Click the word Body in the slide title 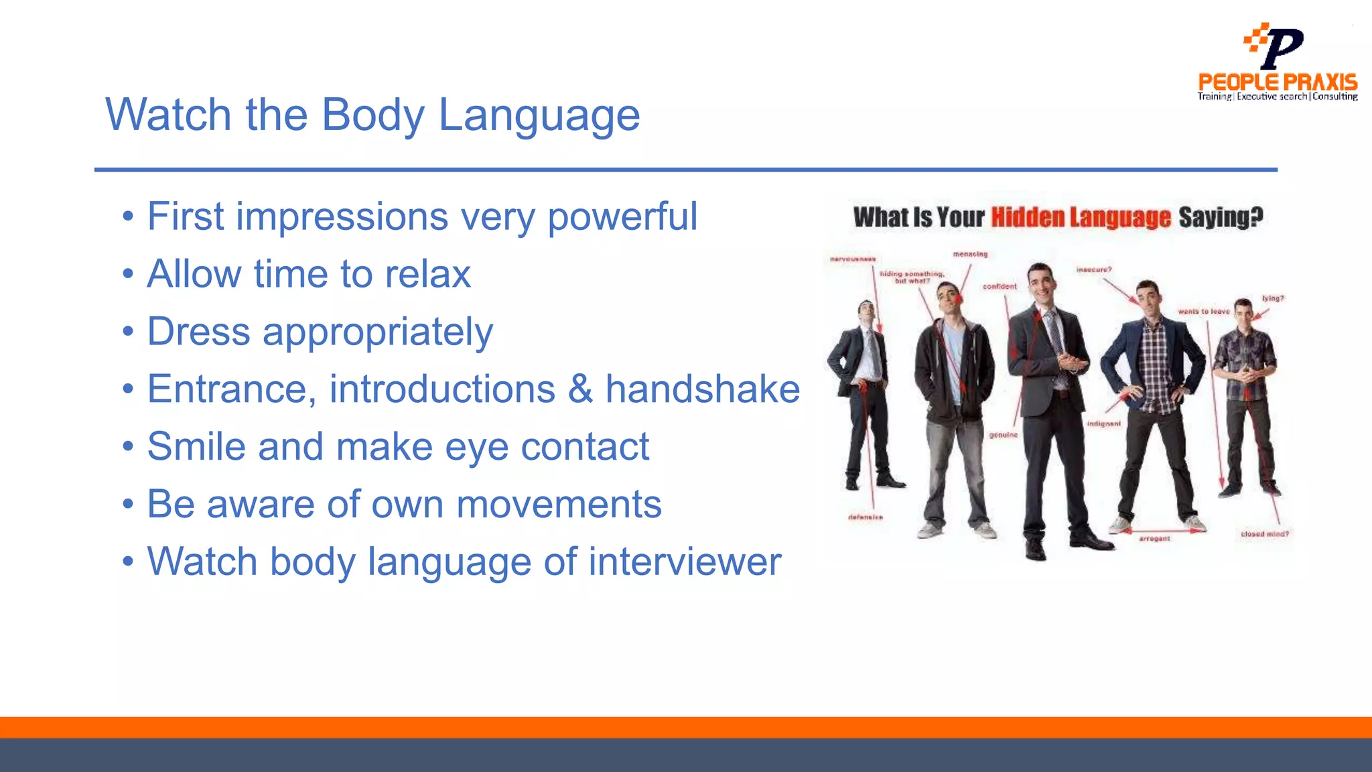click(x=372, y=115)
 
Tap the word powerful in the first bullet click(x=622, y=217)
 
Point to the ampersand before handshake click(x=580, y=389)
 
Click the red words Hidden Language click(x=1081, y=218)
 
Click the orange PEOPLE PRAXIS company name click(x=1278, y=82)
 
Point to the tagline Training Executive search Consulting click(x=1278, y=96)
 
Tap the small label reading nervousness click(x=853, y=259)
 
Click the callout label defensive click(x=865, y=517)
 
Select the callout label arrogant click(x=1154, y=539)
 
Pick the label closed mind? click(x=1264, y=534)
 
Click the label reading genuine click(x=1003, y=435)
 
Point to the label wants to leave click(x=1204, y=312)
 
